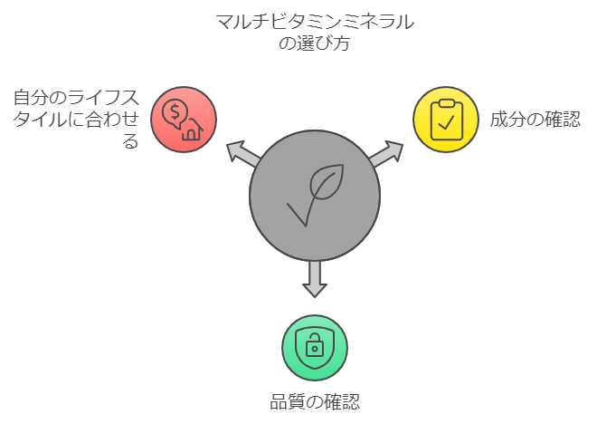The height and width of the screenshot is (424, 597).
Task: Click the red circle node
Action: point(184,119)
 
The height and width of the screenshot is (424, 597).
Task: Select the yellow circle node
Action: point(446,119)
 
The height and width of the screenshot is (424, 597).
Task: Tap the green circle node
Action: point(315,348)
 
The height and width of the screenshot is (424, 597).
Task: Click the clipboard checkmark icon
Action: point(446,119)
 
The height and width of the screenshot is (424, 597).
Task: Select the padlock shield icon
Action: point(315,347)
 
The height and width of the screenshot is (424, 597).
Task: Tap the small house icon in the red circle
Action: point(192,131)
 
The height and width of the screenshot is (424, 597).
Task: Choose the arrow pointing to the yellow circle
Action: point(387,153)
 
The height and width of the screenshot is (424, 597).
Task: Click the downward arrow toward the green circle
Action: point(315,278)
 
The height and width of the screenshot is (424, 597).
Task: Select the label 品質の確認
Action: point(315,402)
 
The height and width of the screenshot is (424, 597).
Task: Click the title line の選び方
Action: point(315,43)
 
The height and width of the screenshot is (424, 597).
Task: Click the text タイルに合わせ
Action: point(76,119)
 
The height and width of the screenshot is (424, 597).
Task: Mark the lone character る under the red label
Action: point(131,141)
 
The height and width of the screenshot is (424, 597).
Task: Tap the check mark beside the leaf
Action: point(298,214)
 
